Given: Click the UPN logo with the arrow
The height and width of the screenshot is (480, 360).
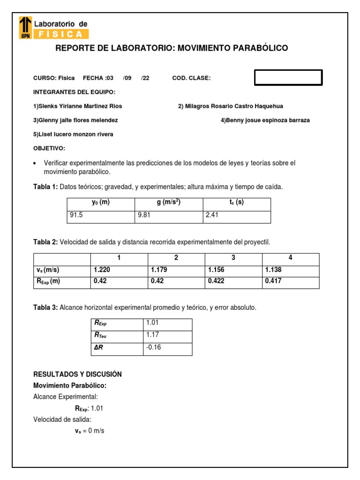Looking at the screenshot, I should click(x=25, y=27).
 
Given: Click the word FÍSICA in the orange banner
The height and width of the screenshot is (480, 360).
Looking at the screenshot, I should click(x=61, y=34).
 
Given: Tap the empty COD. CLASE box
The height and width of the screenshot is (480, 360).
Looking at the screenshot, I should click(x=288, y=78).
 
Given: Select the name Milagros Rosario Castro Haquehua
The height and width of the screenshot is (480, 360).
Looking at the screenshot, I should click(x=230, y=106).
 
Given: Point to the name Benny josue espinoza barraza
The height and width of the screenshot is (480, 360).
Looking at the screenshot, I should click(x=265, y=120).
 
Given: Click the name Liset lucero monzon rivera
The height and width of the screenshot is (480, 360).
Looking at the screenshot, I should click(x=73, y=135).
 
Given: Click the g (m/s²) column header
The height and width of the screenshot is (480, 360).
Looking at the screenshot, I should click(x=169, y=203).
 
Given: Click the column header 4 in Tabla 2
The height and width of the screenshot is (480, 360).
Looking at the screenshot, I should click(x=291, y=258).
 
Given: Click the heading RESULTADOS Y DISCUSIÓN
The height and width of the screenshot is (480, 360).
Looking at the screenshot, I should click(x=77, y=374).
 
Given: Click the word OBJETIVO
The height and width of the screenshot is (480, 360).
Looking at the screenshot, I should click(x=49, y=149).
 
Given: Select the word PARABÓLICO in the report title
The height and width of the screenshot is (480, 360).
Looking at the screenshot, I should click(x=256, y=48).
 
